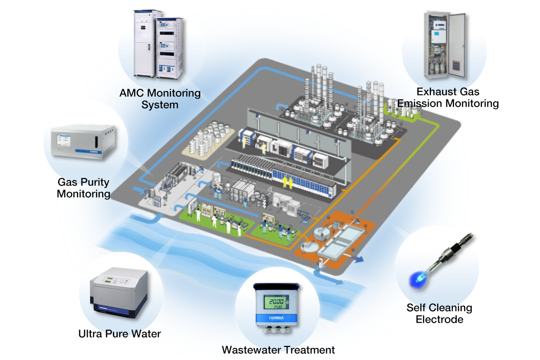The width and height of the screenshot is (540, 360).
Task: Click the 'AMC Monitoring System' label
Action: pos(160,99)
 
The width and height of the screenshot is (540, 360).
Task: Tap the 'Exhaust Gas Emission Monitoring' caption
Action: pos(448,98)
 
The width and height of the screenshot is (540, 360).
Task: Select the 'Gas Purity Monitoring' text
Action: pos(84,188)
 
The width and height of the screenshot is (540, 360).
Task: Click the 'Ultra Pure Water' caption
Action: pos(119,334)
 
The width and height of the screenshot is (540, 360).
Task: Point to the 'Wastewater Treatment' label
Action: pos(279,350)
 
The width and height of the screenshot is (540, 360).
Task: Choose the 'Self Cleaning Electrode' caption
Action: pos(439,314)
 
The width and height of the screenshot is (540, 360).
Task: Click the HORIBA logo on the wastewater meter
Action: pos(274,318)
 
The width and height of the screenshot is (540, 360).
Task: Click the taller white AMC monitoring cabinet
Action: pos(145,43)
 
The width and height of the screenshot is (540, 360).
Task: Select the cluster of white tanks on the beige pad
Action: pos(208,137)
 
